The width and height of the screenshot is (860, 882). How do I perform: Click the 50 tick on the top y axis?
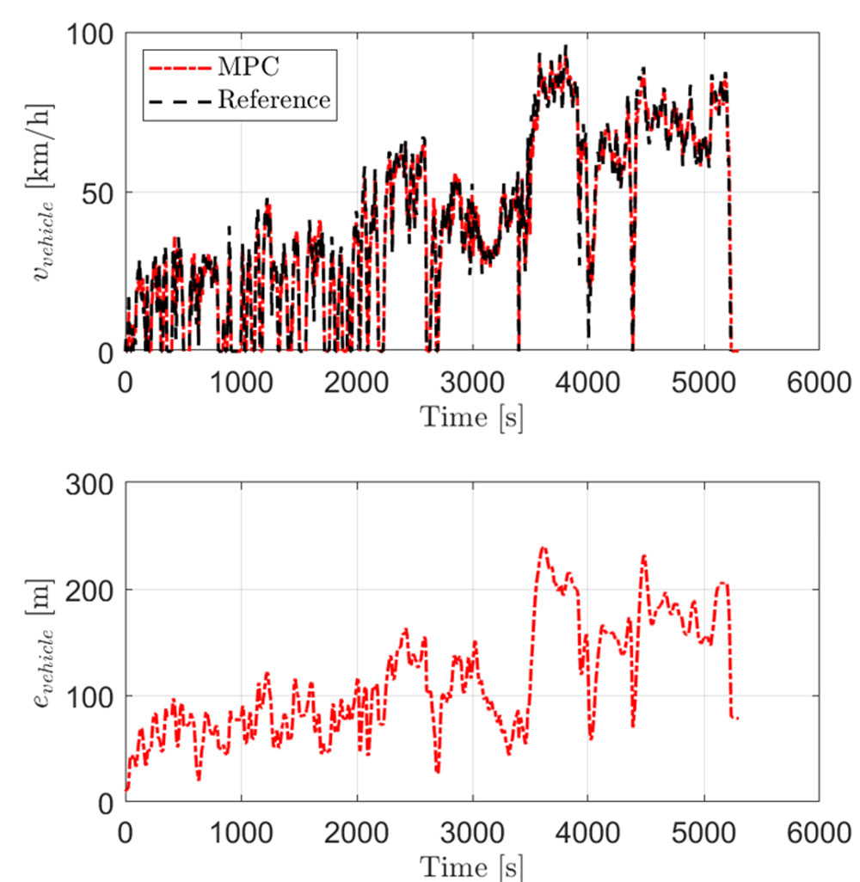96,193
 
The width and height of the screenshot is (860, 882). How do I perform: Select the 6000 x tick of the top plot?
818,381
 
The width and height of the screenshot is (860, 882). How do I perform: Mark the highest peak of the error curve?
543,548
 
